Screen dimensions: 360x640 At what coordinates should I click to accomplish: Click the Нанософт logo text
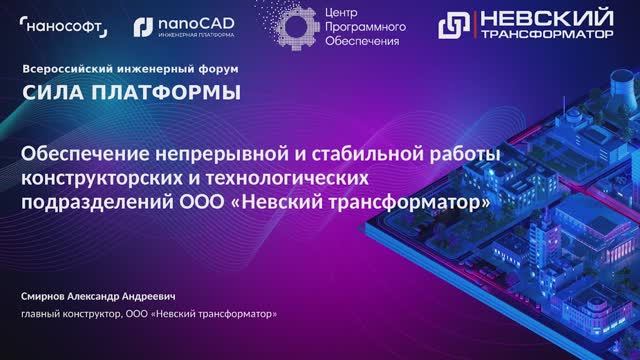coord(67,28)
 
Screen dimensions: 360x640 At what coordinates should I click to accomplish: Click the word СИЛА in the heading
coord(51,94)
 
